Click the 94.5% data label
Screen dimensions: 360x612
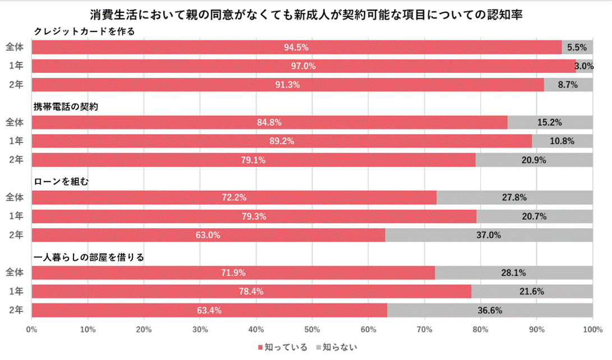296,47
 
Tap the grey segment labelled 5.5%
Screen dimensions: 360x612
577,47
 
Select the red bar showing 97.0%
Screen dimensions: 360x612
303,66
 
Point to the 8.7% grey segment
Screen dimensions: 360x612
568,85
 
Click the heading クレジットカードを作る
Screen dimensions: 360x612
84,31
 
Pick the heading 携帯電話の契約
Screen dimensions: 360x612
66,107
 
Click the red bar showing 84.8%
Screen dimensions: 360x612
269,122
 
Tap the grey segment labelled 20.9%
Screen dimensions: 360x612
533,160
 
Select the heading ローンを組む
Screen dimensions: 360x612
62,182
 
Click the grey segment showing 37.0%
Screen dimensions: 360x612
489,235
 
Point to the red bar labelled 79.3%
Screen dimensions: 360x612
254,216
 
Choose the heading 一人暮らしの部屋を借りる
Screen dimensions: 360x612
89,257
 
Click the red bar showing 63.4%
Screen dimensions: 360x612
209,310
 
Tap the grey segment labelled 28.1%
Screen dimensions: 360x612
513,273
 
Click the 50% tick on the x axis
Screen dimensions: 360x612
312,329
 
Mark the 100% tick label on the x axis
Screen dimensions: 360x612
592,329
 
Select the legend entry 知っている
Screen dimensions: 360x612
282,347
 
